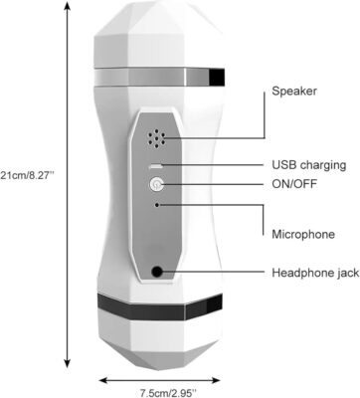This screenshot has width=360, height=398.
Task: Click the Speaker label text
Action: (294, 91)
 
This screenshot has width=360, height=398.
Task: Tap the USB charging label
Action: (309, 165)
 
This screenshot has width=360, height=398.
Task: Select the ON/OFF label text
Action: (294, 183)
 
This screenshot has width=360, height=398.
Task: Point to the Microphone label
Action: (303, 234)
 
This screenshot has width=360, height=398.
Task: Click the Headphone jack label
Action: (315, 273)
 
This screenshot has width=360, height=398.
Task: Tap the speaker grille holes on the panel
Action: (156, 138)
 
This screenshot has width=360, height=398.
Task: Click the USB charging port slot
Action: (156, 165)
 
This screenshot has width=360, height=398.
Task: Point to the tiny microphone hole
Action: (157, 205)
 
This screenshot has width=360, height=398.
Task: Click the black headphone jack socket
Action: (157, 272)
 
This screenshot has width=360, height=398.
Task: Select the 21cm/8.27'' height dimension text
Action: (27, 175)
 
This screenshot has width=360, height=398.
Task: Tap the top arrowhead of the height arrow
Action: (68, 6)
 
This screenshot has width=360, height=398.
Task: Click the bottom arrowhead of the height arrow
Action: (68, 363)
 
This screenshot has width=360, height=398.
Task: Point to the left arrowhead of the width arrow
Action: (104, 380)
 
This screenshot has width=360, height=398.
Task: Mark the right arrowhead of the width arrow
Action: (216, 380)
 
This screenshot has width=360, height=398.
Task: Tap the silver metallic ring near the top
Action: (159, 77)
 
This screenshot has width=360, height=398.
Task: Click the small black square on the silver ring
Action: (217, 76)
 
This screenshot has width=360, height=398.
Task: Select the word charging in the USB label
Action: (322, 165)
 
